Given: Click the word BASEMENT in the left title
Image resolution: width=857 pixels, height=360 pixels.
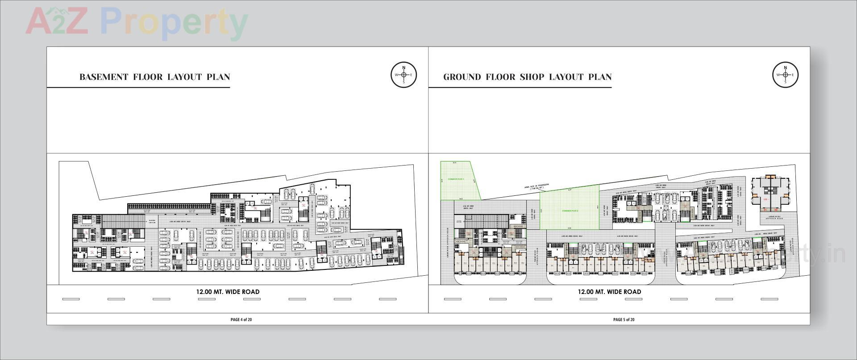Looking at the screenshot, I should [104, 77].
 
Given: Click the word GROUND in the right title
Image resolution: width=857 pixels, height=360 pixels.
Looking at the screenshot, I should [462, 77].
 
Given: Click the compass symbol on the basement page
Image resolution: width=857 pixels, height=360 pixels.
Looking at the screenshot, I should [404, 74].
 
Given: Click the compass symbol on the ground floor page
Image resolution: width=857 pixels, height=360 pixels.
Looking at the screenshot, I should [785, 74].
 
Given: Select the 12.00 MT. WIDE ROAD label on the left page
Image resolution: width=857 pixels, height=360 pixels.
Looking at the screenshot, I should [228, 292].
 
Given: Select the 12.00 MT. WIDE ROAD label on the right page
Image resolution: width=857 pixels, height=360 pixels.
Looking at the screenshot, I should [609, 292].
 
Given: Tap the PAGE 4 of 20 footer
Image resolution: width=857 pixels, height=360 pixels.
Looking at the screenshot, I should [241, 319].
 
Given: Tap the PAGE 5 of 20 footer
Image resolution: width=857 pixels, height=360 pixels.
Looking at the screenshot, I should [624, 319].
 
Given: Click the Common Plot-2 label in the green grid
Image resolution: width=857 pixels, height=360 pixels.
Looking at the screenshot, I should [570, 211].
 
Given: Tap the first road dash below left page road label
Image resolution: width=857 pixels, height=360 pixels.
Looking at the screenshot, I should [71, 299].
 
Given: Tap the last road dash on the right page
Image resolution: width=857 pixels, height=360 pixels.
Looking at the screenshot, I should [769, 299].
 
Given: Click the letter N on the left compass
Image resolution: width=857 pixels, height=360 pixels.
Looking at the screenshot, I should [404, 68].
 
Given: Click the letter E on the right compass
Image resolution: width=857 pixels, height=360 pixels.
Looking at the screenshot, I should [793, 74].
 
